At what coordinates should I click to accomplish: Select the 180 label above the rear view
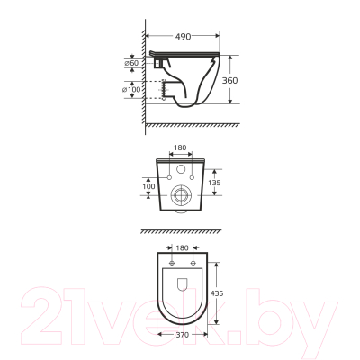point(180,148)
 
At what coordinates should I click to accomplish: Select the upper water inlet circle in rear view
point(181,170)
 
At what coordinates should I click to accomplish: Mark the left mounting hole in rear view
point(168,179)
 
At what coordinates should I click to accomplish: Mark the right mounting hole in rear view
point(193,179)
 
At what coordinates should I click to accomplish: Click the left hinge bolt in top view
point(169,264)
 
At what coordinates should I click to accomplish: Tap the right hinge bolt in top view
point(193,264)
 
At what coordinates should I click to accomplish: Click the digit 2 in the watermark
point(45,310)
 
